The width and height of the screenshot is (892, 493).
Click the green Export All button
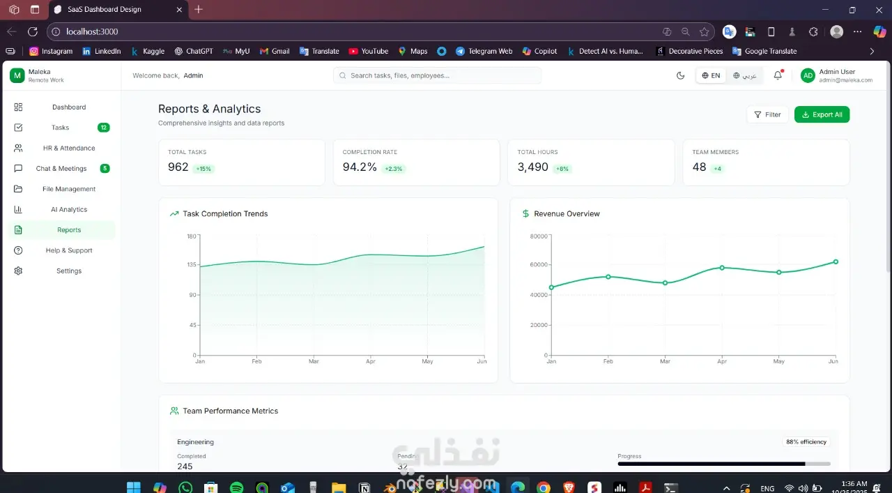tap(822, 114)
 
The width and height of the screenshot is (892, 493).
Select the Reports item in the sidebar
tap(69, 230)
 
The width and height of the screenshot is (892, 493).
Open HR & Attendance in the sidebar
tap(68, 148)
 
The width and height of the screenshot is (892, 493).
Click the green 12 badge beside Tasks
tap(104, 128)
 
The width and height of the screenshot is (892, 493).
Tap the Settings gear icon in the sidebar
tap(18, 271)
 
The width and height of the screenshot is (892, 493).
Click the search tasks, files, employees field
tap(438, 75)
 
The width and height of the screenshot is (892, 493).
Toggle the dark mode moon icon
tap(681, 75)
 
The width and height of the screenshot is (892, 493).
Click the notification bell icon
tap(778, 75)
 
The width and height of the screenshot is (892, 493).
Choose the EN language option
tap(711, 75)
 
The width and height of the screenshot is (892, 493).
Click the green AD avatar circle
tap(808, 75)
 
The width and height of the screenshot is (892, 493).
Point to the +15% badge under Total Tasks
tap(203, 169)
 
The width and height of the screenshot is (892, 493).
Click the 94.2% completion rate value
tap(360, 167)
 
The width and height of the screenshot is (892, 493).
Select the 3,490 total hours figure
tap(532, 167)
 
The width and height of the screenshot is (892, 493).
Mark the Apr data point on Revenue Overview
tap(722, 268)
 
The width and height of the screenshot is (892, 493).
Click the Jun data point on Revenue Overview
tap(836, 262)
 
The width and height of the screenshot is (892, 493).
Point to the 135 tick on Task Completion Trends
tap(192, 265)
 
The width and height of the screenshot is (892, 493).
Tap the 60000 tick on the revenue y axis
tap(539, 265)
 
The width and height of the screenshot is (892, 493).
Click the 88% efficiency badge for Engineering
tap(806, 441)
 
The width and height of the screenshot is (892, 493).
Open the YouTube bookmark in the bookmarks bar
tap(369, 51)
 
